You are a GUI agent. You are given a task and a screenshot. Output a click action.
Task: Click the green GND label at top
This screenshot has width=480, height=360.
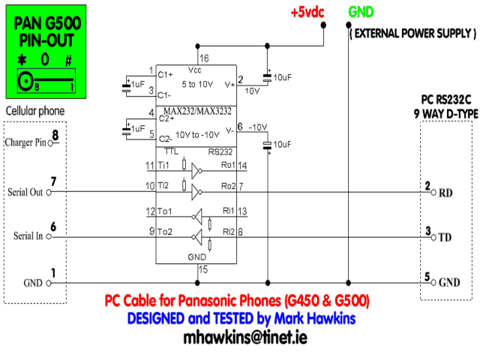tap(361, 12)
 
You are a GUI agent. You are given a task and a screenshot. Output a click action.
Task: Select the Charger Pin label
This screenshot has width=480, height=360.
tap(25, 142)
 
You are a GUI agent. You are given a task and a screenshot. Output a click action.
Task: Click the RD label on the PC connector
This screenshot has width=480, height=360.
tap(445, 191)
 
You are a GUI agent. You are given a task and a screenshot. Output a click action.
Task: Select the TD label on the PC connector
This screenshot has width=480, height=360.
tap(445, 236)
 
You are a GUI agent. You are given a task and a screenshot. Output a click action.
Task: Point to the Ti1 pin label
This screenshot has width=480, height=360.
tap(163, 165)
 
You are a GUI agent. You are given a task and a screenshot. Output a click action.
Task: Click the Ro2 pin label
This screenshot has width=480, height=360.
tap(228, 185)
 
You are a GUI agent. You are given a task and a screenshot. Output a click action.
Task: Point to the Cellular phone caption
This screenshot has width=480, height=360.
tap(35, 112)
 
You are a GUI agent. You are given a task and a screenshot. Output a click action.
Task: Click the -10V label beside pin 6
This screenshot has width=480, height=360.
tap(258, 125)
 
